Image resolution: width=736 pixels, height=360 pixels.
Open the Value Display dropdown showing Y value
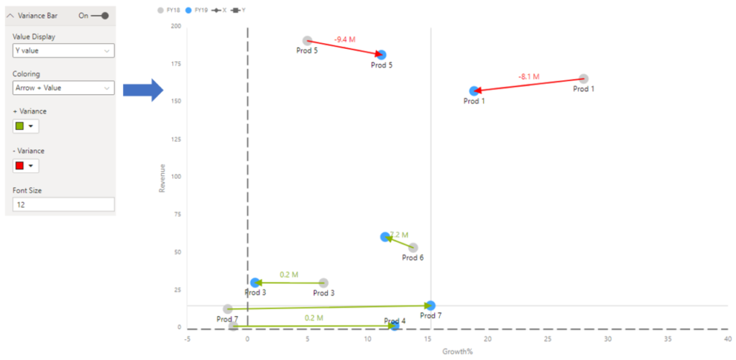coord(63,51)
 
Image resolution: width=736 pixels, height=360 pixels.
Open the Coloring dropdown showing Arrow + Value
coord(63,88)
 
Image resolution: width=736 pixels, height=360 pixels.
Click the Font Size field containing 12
coord(63,205)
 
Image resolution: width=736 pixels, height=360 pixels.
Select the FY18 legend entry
coord(169,11)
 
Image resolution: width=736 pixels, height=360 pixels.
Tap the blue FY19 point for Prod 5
coord(382,55)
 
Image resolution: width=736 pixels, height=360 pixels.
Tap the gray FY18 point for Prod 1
coord(584,78)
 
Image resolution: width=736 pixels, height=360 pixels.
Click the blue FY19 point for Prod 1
coord(474,91)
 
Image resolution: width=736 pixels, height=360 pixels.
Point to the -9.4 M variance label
coord(345,40)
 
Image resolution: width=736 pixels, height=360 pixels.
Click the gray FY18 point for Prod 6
coord(413,248)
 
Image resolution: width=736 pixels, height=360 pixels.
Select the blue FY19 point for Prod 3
coord(255,282)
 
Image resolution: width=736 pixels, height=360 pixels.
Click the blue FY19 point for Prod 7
coord(431,305)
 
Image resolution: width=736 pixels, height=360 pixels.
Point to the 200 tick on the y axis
coord(175,26)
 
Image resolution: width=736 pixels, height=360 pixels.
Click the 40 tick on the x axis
coord(727,339)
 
